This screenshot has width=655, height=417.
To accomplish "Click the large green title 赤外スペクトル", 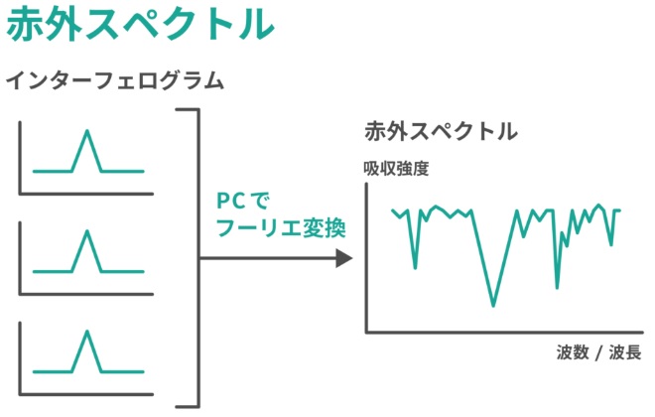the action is [140, 23].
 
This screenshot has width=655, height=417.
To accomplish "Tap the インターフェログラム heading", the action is [115, 80].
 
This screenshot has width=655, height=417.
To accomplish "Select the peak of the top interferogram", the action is [87, 131].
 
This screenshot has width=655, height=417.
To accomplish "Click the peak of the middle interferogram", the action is [87, 231].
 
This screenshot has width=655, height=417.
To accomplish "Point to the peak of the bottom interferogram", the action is [87, 332].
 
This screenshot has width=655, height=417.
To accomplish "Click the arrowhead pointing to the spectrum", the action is [344, 258].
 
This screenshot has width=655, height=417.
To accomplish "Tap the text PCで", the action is [243, 201].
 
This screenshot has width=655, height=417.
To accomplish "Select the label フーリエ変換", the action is [281, 228].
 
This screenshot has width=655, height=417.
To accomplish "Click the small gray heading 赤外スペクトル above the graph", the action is [441, 131].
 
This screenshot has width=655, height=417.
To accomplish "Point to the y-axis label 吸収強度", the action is [396, 169].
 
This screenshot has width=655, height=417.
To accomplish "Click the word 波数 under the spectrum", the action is [573, 352].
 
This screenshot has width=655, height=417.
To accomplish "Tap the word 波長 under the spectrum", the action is [625, 352].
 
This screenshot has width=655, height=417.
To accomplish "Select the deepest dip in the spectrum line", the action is [493, 305].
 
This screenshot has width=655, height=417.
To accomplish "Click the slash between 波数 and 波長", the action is [599, 353].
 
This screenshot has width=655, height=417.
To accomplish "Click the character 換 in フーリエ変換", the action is [335, 228].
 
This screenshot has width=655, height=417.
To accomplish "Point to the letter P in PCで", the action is [223, 201].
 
